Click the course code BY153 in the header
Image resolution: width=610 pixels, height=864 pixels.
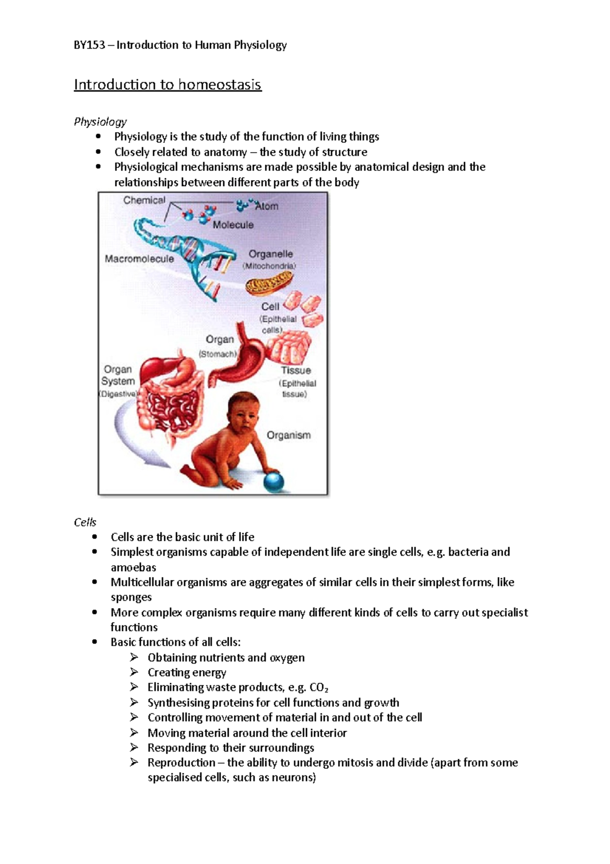point(89,45)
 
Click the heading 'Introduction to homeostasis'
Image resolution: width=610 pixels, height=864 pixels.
point(168,84)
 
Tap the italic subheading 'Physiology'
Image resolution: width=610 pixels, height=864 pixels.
point(100,122)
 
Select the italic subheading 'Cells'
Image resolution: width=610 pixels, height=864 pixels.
point(85,522)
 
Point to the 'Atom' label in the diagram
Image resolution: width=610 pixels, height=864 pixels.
point(267,207)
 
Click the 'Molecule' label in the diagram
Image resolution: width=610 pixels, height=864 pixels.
point(233,225)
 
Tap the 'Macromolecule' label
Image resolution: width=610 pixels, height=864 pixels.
point(139,259)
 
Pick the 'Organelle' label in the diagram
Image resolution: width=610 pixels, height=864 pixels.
point(270,254)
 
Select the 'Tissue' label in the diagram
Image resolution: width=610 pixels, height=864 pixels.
point(296,370)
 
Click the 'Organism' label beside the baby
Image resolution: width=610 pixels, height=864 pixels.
point(289,436)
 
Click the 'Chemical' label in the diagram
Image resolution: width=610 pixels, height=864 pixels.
point(144,200)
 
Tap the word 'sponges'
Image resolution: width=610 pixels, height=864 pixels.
point(131,597)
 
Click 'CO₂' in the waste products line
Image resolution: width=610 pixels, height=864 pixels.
point(319,688)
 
